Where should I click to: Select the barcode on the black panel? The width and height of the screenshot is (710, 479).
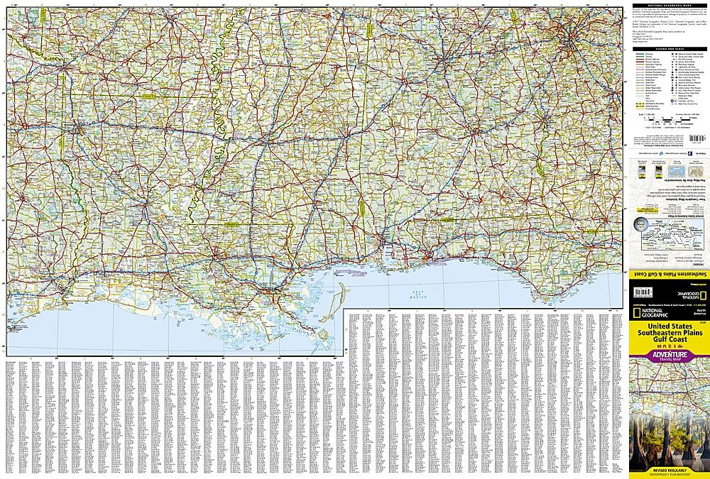[x=645, y=292]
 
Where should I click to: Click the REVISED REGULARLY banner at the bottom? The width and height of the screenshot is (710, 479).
[x=670, y=470]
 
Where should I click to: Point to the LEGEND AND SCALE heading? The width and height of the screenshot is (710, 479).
[x=670, y=48]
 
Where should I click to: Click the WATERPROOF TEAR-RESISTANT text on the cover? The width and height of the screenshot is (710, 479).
[x=670, y=475]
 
